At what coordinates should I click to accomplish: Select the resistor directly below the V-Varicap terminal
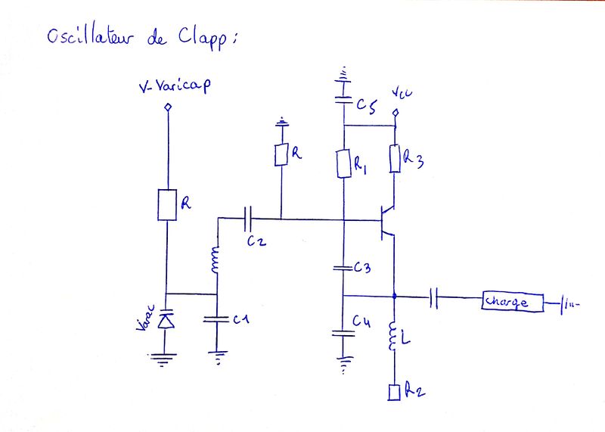point(167,204)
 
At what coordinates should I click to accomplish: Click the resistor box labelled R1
point(343,163)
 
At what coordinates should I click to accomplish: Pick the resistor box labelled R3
point(394,159)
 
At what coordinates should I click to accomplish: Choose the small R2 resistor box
point(394,392)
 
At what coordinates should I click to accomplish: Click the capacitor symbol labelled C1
point(216,319)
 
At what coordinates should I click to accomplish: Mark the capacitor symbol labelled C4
point(343,333)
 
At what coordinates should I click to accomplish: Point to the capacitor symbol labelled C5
point(343,100)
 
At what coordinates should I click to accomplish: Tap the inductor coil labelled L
point(394,337)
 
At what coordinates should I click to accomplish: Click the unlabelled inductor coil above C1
point(216,261)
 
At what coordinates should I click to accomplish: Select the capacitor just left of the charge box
point(434,297)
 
